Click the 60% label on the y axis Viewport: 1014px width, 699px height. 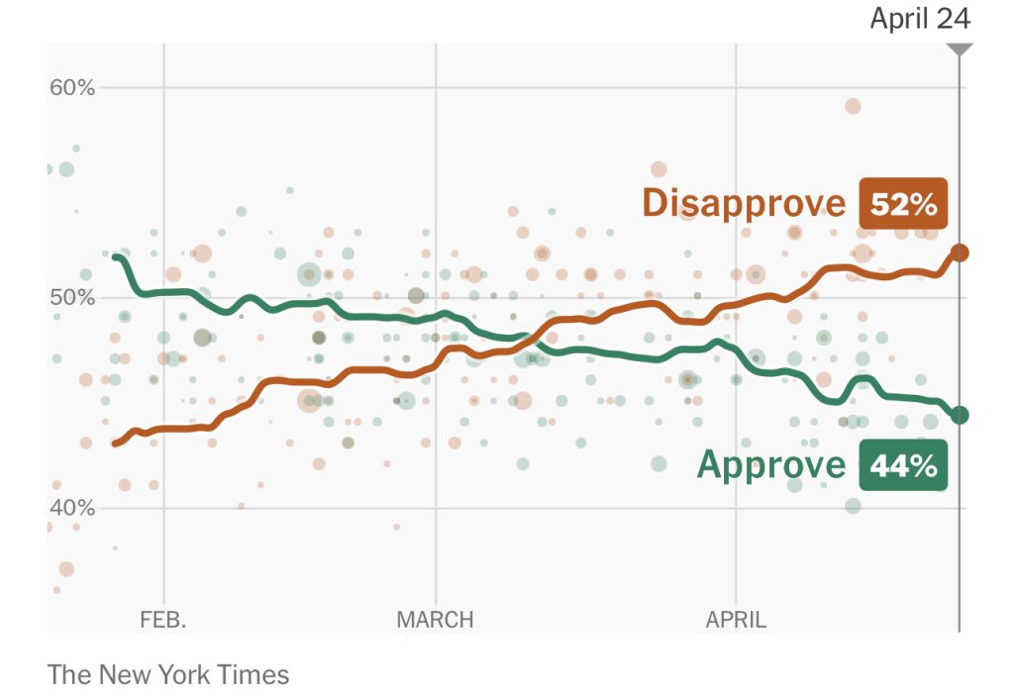72,87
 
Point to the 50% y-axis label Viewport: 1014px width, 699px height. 72,298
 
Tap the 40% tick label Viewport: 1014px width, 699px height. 72,508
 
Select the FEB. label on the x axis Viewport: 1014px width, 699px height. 163,621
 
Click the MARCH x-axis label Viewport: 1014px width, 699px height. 435,621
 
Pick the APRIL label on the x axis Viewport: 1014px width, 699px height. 736,621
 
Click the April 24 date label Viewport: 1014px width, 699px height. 920,19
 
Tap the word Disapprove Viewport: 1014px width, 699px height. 744,203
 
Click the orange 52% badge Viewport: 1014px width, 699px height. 903,204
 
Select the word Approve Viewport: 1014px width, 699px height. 771,464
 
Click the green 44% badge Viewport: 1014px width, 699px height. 903,465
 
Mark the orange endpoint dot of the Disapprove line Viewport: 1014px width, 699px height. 959,253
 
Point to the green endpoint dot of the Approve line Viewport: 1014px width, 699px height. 959,415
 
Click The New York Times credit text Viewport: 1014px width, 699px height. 168,675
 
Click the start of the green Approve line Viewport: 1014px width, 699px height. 117,257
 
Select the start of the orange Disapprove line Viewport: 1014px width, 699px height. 115,444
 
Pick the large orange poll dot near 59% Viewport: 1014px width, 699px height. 853,107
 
